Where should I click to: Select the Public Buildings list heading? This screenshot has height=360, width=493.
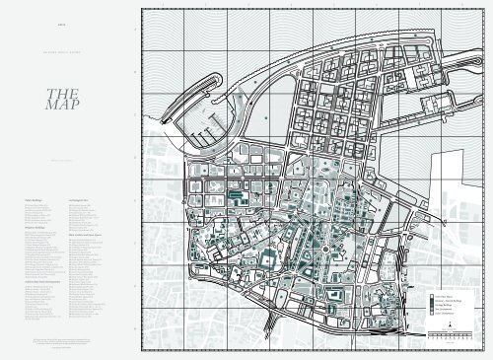coord(30,197)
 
